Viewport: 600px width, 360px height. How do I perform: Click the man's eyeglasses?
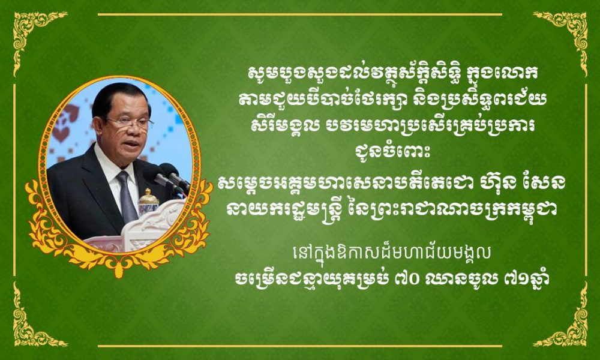click(128, 124)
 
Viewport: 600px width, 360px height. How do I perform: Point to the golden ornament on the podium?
click(148, 202)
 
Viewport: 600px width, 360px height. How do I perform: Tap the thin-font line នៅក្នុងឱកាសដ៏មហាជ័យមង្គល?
click(391, 255)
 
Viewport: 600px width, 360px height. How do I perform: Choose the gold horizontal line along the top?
click(300, 14)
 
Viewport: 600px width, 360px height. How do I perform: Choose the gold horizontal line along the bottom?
click(300, 346)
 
